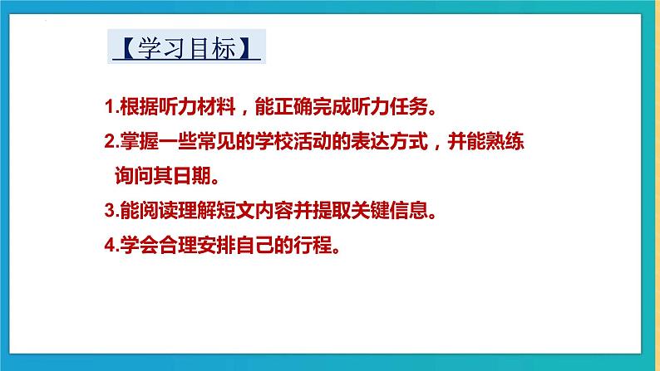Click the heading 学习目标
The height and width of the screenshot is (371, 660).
186,47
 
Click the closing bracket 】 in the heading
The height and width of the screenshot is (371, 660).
245,48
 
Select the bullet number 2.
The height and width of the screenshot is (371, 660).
111,141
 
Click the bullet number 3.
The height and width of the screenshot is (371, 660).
111,210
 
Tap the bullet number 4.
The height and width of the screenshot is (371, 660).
111,245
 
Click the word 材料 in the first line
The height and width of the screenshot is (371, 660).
216,107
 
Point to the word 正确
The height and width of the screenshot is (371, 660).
293,107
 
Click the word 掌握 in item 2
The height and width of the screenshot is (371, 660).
140,141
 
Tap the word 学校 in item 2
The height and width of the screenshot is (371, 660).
274,141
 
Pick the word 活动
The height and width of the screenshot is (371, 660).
313,141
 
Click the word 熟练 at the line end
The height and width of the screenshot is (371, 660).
505,141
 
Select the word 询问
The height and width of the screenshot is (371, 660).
134,176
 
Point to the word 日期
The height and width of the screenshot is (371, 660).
192,176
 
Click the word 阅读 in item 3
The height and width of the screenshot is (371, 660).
159,210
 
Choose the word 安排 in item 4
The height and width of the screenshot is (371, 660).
216,245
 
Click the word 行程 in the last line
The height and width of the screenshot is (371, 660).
313,245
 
